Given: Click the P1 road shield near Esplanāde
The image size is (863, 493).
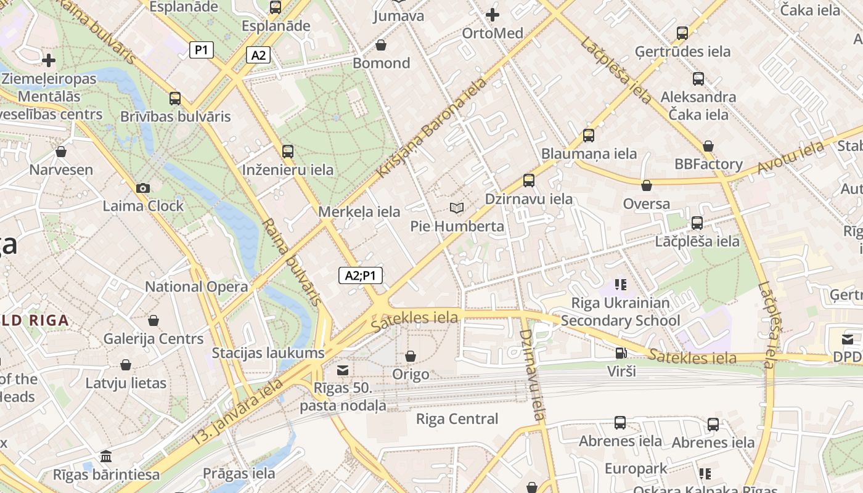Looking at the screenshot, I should pyautogui.click(x=202, y=50).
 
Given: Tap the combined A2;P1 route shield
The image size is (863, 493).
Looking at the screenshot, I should pyautogui.click(x=361, y=275).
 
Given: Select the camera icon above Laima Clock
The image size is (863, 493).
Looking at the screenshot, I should pyautogui.click(x=143, y=188).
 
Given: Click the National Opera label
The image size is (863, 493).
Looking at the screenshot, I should pyautogui.click(x=196, y=287).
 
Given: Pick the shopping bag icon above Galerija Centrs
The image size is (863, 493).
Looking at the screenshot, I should pyautogui.click(x=153, y=320).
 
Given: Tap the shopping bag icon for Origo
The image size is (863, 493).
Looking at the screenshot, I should pyautogui.click(x=411, y=356).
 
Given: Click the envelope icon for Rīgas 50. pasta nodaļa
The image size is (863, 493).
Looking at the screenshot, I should pyautogui.click(x=342, y=370).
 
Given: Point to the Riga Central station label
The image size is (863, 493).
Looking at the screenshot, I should pyautogui.click(x=457, y=419).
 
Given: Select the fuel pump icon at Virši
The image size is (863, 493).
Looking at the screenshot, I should pyautogui.click(x=621, y=353).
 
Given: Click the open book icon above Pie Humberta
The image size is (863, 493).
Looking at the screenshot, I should pyautogui.click(x=457, y=208).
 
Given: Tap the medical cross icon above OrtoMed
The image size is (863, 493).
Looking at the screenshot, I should pyautogui.click(x=492, y=15).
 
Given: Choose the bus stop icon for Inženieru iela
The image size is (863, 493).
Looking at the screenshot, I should pyautogui.click(x=288, y=152).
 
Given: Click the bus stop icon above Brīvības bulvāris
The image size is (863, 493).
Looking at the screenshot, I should pyautogui.click(x=175, y=99).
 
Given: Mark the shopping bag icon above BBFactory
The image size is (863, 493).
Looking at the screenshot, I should pyautogui.click(x=708, y=146).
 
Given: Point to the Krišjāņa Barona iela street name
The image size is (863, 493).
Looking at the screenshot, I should pyautogui.click(x=431, y=128).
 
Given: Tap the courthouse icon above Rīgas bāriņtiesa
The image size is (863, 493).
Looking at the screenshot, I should pyautogui.click(x=106, y=457).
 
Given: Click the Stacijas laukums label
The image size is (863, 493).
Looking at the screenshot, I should pyautogui.click(x=268, y=353).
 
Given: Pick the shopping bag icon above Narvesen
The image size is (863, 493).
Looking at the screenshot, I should pyautogui.click(x=61, y=152).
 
